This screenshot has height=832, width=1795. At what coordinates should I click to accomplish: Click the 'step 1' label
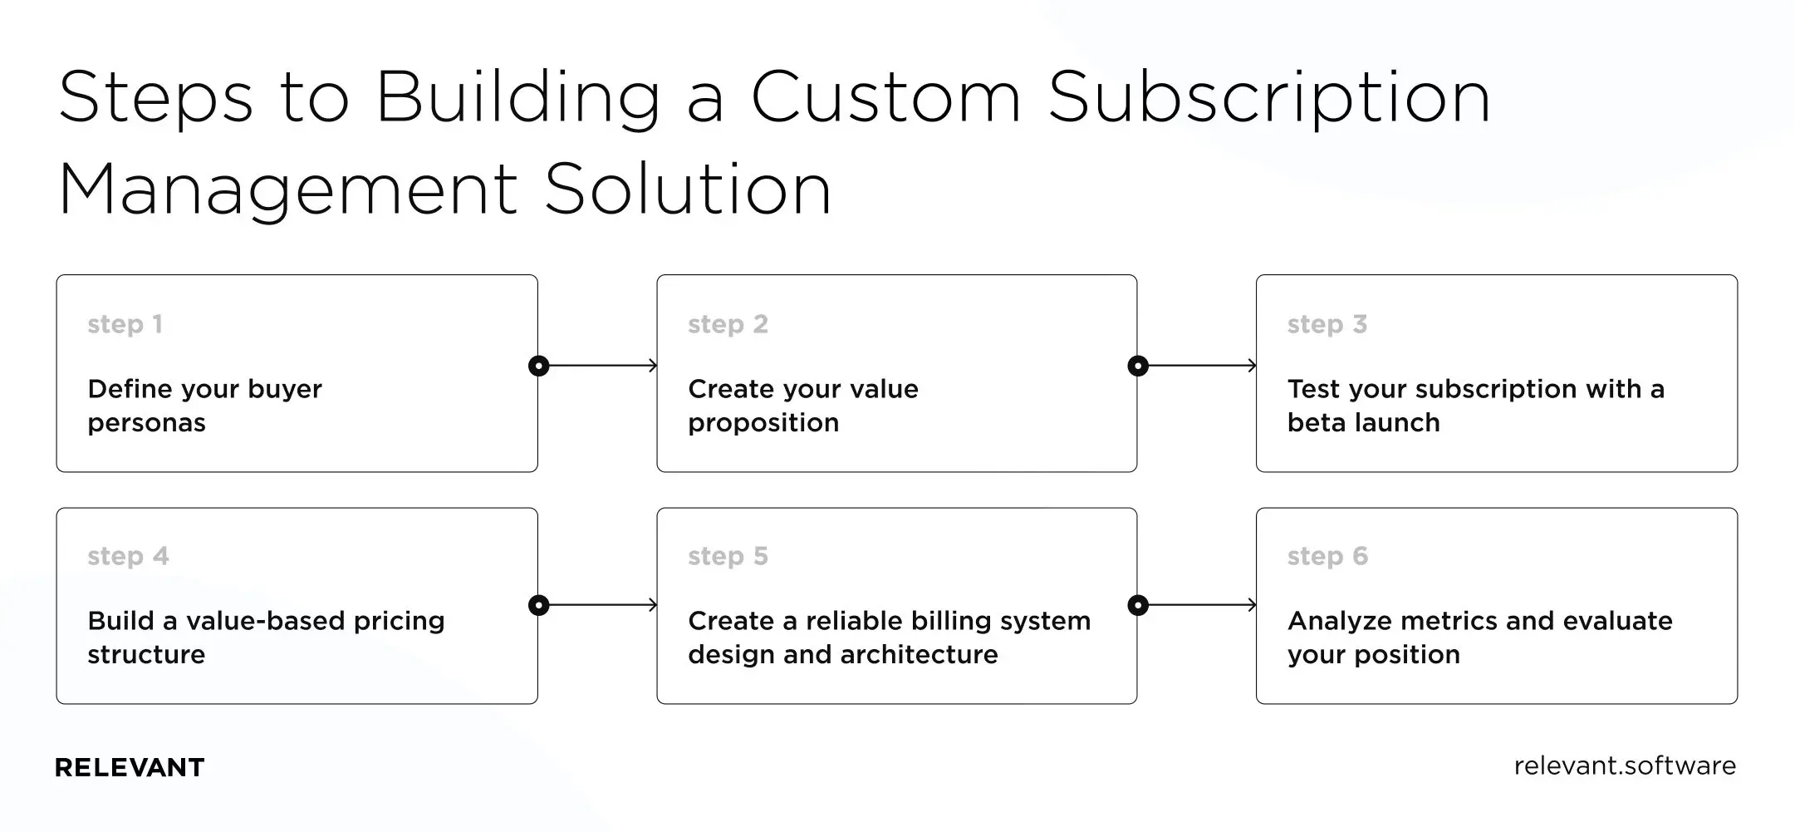(x=125, y=324)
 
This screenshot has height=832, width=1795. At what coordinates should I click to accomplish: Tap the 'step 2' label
(x=728, y=324)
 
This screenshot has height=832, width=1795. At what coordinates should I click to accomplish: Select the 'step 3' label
(x=1327, y=324)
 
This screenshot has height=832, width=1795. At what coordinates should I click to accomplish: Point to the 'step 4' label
(x=128, y=556)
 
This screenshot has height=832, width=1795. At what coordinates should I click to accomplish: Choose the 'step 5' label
(x=728, y=556)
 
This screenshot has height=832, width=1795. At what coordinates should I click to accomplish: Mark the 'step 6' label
(x=1327, y=556)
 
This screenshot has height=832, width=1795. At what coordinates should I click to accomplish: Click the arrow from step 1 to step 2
(x=602, y=366)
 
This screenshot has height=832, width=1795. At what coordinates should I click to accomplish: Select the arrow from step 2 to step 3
(x=1201, y=366)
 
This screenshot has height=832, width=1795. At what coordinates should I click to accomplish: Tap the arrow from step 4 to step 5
(x=602, y=605)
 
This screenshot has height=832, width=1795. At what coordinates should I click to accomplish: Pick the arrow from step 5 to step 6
(x=1201, y=605)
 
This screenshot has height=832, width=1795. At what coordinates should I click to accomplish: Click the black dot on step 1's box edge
(x=538, y=366)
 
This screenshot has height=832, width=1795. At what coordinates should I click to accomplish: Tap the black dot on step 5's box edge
(x=1138, y=605)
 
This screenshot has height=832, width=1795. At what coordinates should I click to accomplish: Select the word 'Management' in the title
(x=288, y=191)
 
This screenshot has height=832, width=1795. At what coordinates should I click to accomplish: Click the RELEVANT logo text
(x=129, y=767)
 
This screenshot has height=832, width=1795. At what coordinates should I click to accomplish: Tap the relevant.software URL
(x=1624, y=766)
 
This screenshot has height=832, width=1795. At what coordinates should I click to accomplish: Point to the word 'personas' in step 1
(x=146, y=424)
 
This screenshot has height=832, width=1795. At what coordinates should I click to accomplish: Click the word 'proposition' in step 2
(x=763, y=424)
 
